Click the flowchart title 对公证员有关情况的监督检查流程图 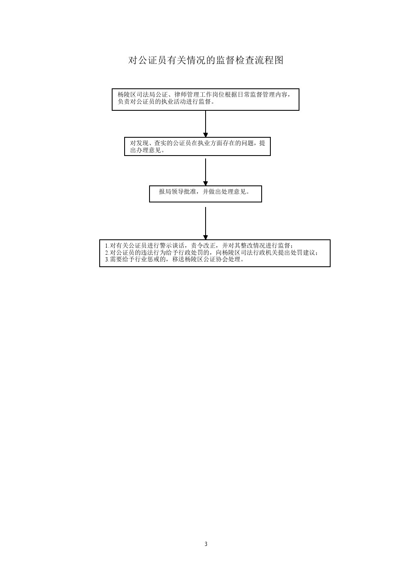point(206,60)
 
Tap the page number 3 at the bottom point(206,544)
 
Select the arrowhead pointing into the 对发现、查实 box point(206,135)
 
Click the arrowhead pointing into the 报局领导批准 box point(206,183)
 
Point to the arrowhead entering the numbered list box point(206,237)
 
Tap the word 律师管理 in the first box point(186,95)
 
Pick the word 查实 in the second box point(161,143)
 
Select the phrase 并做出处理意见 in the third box point(224,192)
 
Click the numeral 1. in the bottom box point(107,246)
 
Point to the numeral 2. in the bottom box point(107,253)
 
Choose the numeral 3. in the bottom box point(107,259)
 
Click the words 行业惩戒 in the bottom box point(147,259)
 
